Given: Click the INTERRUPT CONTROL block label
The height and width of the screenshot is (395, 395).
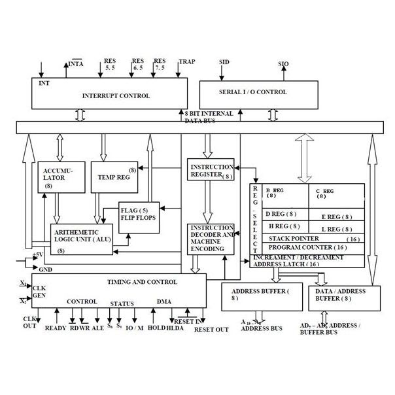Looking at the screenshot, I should click(x=116, y=96).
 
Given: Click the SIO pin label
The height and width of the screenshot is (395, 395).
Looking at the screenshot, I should click(x=283, y=64).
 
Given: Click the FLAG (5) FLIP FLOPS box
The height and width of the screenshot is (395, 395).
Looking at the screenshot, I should click(x=138, y=214).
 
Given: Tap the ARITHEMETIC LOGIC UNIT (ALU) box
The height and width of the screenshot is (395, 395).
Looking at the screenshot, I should click(x=81, y=239).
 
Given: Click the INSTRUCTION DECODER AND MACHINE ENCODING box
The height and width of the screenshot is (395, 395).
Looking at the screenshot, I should click(x=210, y=239).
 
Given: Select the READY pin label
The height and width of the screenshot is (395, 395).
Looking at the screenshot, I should click(x=56, y=328).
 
